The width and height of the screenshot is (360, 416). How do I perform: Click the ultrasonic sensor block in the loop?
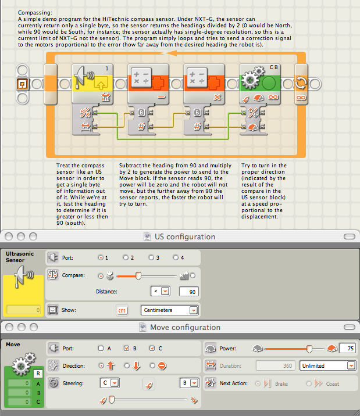click(92, 84)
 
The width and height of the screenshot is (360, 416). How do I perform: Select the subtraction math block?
click(148, 84)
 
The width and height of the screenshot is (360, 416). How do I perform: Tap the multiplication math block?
click(204, 84)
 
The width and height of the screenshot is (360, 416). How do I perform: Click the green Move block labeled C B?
click(260, 84)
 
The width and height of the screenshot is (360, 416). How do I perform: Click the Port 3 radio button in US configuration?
click(151, 257)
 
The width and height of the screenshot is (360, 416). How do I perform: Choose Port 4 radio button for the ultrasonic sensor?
click(176, 257)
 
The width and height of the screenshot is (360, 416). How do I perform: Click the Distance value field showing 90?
click(189, 292)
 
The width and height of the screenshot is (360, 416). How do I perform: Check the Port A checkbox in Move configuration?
click(101, 349)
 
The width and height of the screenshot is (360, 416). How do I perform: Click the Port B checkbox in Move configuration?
click(126, 349)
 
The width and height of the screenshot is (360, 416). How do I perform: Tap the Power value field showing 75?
click(348, 349)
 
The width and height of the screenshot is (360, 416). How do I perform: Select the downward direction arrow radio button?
click(127, 366)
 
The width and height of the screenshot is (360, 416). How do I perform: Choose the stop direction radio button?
click(152, 366)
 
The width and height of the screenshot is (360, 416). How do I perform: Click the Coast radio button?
click(309, 383)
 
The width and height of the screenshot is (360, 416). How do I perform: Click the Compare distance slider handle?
click(138, 276)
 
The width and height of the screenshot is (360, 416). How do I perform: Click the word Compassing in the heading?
click(35, 13)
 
